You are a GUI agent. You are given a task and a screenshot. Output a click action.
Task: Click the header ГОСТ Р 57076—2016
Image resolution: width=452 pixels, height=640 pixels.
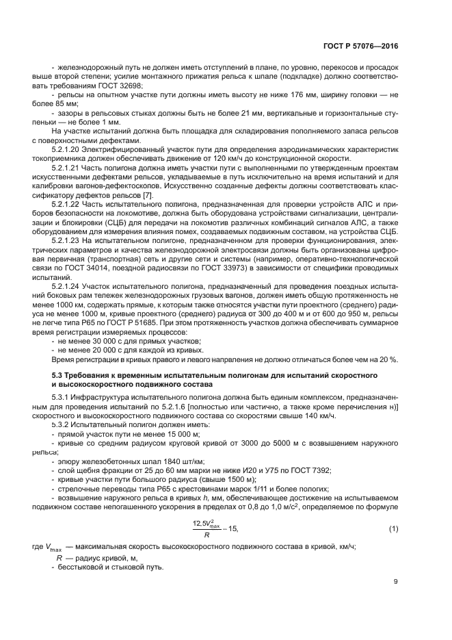(x=360, y=46)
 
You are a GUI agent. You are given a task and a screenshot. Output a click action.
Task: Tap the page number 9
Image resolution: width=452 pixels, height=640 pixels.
(x=396, y=582)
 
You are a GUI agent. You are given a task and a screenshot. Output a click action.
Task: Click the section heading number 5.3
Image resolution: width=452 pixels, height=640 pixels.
(x=59, y=375)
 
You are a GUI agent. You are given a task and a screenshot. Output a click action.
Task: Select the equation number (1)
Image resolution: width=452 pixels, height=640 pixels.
(x=393, y=528)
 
